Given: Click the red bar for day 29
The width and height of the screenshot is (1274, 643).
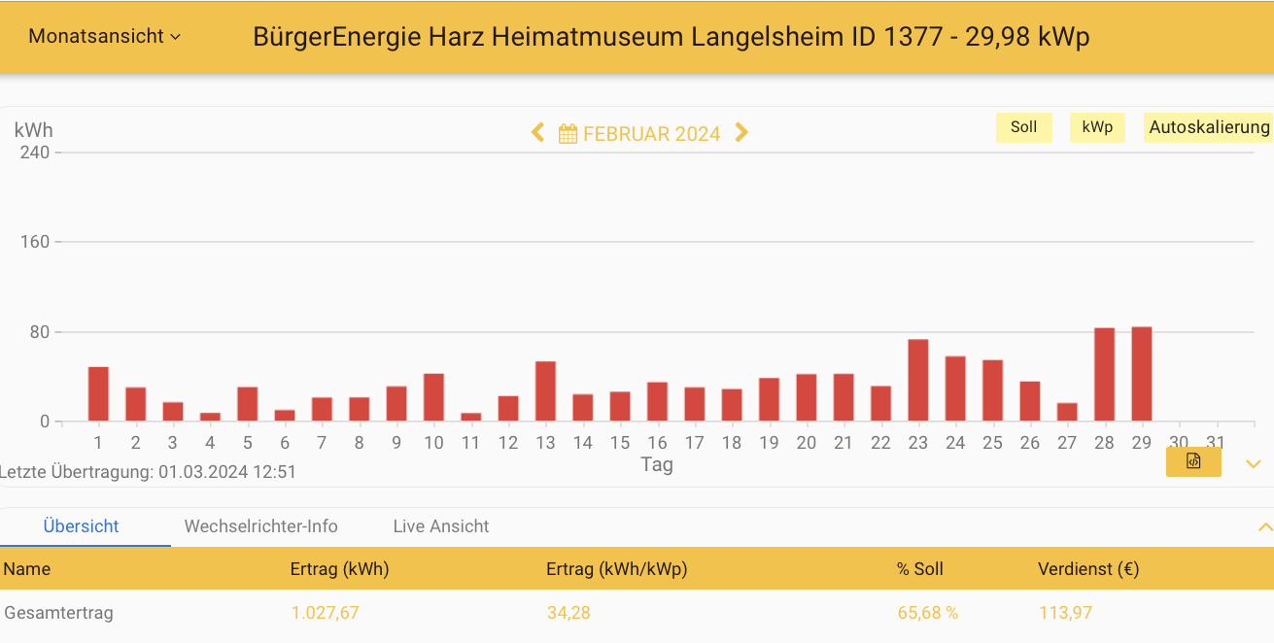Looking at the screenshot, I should (1141, 374).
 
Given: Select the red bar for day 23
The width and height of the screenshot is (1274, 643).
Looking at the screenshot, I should (917, 380).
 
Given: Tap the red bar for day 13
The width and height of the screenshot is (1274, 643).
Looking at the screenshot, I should (545, 391).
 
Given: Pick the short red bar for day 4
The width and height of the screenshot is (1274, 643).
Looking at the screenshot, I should (210, 417).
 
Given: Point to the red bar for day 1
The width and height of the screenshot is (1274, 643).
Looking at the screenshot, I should (98, 394).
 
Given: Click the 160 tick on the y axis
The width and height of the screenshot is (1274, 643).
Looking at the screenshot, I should (35, 242).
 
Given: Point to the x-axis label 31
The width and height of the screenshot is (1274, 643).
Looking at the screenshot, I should (1215, 443).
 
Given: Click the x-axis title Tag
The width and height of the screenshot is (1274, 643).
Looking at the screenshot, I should (657, 464).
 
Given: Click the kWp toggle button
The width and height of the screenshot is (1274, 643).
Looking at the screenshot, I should (1097, 127).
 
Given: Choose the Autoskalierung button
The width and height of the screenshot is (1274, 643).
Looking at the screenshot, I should (1208, 127).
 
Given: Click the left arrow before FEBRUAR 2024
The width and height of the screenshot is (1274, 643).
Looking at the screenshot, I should (537, 133).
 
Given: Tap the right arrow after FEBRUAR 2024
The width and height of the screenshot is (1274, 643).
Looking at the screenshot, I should (741, 133).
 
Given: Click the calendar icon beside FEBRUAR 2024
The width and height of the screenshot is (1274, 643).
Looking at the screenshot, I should (568, 134).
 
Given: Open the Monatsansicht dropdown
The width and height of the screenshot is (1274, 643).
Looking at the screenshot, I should (104, 36).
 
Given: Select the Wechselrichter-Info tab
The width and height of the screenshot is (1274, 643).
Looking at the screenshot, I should (260, 526).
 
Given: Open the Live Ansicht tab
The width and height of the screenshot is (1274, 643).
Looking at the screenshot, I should (441, 526).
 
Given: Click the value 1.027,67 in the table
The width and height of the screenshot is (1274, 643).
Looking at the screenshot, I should (325, 613).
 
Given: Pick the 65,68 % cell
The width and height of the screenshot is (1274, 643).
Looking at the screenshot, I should (927, 613).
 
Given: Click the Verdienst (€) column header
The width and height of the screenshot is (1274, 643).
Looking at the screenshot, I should (1087, 569).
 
